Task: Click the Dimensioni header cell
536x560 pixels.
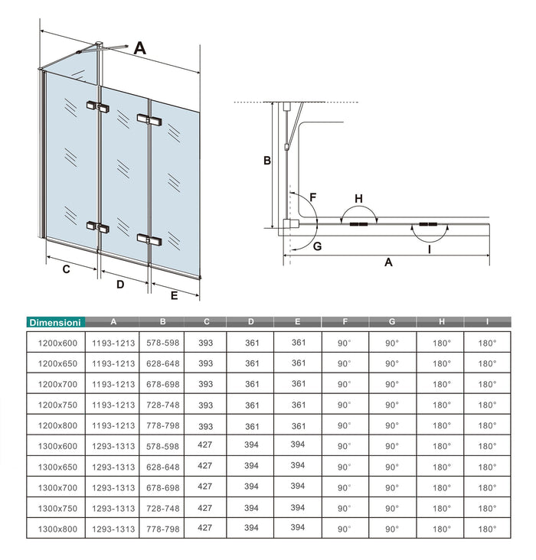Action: click(x=55, y=323)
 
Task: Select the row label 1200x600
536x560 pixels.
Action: click(x=55, y=343)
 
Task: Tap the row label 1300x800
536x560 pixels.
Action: click(x=55, y=528)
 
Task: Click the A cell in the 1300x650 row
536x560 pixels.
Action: click(x=113, y=467)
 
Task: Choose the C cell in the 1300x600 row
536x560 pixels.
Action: click(x=205, y=445)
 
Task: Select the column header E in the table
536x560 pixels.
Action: click(x=298, y=322)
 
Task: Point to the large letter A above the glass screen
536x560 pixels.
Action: click(x=140, y=48)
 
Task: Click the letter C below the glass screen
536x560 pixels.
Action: click(x=67, y=269)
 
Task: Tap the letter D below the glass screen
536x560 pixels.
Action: click(x=119, y=285)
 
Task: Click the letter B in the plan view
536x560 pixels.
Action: click(x=266, y=161)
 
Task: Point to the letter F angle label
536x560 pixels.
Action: click(x=312, y=197)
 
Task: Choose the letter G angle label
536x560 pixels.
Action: click(x=316, y=246)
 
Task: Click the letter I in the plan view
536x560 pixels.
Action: click(x=429, y=249)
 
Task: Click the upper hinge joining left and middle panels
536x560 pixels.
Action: click(x=98, y=106)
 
